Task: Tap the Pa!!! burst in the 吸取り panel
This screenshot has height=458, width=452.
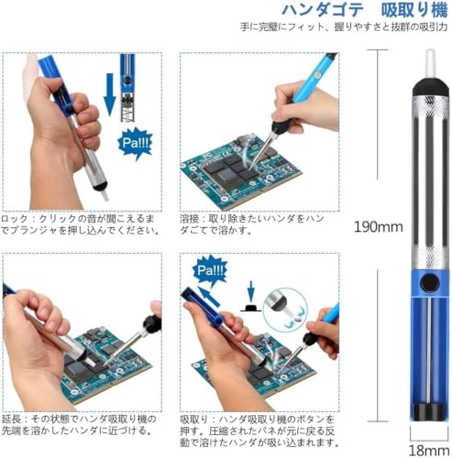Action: pos(206,272)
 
